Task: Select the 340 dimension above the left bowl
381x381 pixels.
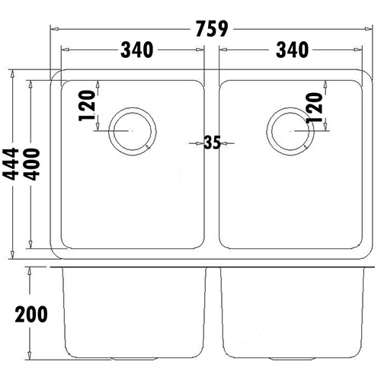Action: [x=137, y=50]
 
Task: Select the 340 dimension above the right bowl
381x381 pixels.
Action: [x=290, y=50]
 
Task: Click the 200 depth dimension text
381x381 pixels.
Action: [x=29, y=314]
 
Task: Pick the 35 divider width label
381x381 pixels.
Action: [x=212, y=142]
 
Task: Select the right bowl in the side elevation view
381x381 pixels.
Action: [x=291, y=312]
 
